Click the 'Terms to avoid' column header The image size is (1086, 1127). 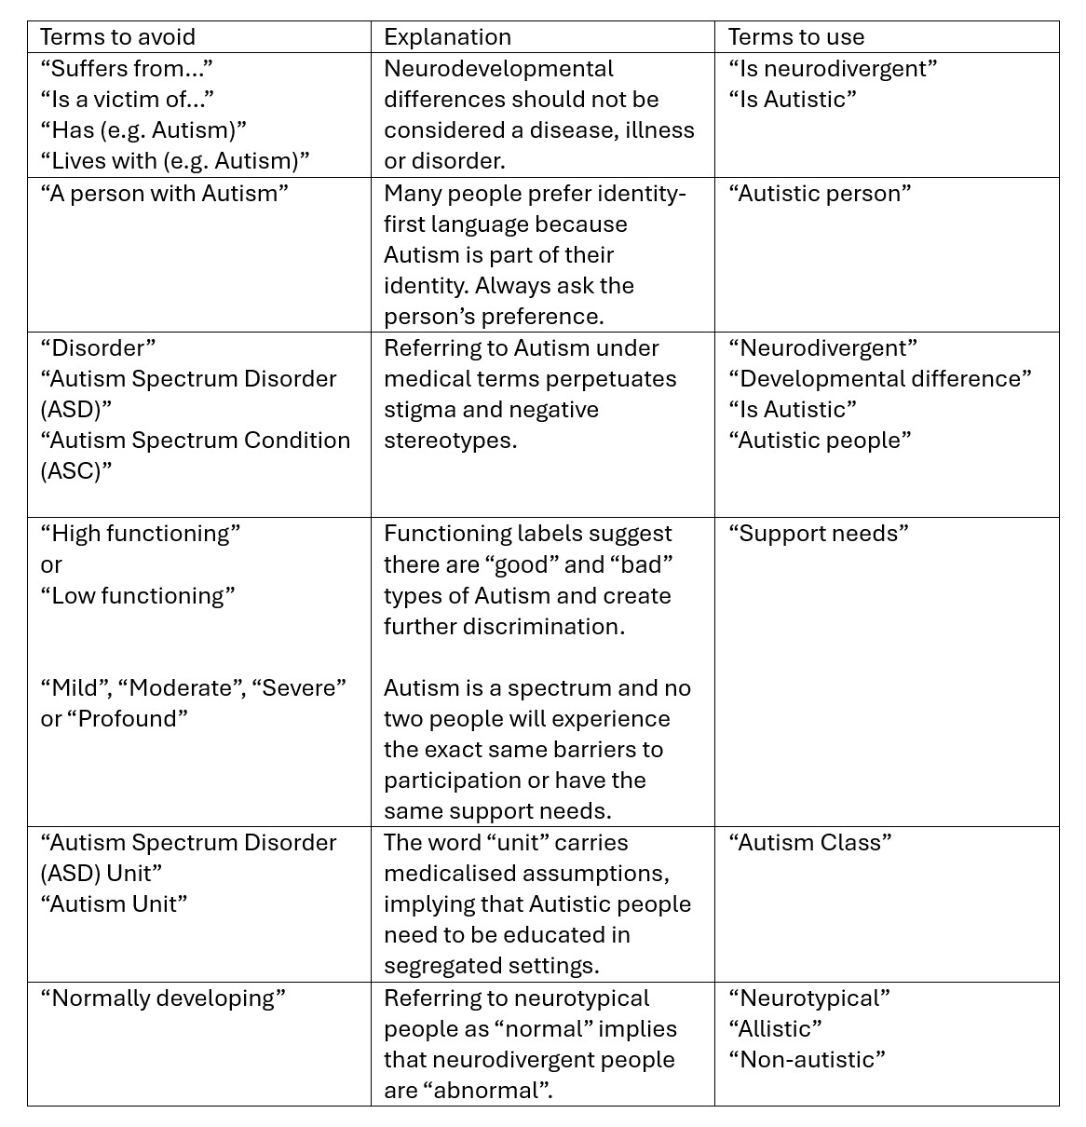(x=118, y=37)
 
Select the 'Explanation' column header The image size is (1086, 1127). (x=447, y=37)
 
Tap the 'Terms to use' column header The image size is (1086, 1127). (x=795, y=37)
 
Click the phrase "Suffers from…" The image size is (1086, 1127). (x=128, y=68)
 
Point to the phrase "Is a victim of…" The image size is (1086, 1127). (x=128, y=99)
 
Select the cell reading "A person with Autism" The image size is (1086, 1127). (x=165, y=193)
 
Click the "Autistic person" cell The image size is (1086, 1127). (x=819, y=193)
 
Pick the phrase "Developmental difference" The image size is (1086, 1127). (x=879, y=378)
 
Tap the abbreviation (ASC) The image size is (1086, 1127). (x=75, y=470)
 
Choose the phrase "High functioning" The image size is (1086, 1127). (x=141, y=533)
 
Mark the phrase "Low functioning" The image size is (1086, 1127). (x=138, y=595)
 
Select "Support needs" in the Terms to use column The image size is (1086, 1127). (x=818, y=533)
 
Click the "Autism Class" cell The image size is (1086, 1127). (x=809, y=842)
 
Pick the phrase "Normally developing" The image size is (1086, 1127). (x=163, y=998)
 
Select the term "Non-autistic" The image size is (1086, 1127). (x=807, y=1059)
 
